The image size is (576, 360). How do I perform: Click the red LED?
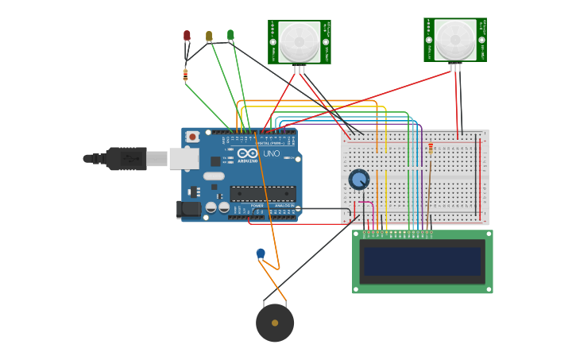click(187, 36)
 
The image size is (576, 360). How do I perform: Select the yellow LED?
click(209, 36)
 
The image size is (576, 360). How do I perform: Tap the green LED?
click(230, 35)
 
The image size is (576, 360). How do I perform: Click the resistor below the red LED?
click(185, 75)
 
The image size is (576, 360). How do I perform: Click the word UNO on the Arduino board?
click(271, 153)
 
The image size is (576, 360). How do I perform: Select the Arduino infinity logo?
click(248, 153)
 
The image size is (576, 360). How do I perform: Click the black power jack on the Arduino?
click(189, 209)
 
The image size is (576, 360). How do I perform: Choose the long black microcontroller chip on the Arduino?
click(262, 193)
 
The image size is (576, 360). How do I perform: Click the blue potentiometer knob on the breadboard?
click(359, 180)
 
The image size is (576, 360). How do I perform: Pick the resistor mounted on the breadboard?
click(431, 147)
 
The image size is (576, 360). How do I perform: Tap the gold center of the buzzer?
click(275, 323)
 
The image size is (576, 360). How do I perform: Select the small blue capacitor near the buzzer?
click(261, 254)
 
